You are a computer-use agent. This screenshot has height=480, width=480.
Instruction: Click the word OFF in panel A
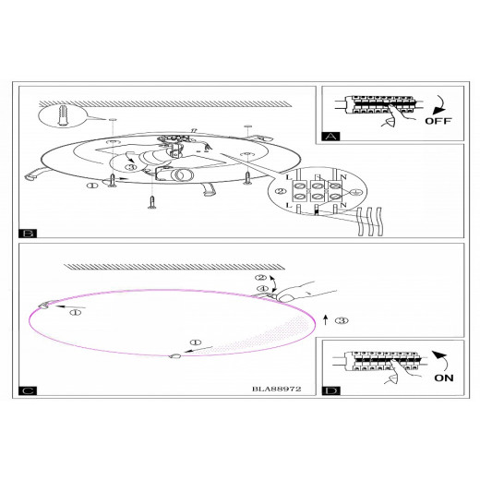[x=438, y=121]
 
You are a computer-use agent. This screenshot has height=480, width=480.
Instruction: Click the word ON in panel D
[x=444, y=378]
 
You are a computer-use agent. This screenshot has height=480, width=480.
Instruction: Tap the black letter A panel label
[x=330, y=137]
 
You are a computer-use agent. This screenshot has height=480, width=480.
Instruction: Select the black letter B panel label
[x=28, y=234]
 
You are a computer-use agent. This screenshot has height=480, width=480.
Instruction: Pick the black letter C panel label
[x=28, y=390]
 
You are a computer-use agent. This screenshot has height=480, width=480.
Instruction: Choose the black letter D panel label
[x=331, y=390]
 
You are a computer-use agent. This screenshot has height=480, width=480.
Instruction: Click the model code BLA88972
[x=276, y=389]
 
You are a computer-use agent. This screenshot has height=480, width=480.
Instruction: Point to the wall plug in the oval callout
[x=63, y=115]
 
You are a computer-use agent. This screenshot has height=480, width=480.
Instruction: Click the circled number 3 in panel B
[x=131, y=167]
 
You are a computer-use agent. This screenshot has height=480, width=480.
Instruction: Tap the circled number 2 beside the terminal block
[x=280, y=191]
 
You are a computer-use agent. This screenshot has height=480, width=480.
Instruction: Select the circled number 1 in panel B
[x=91, y=186]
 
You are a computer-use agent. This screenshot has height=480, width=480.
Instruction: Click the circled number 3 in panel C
[x=342, y=320]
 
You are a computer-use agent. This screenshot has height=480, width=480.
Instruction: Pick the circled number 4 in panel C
[x=262, y=288]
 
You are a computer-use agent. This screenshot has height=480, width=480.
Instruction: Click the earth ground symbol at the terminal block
[x=355, y=191]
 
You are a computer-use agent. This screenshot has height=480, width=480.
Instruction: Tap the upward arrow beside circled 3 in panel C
[x=326, y=319]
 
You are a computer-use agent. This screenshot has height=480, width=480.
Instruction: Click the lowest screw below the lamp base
[x=151, y=202]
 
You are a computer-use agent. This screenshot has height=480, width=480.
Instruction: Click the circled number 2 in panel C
[x=261, y=278]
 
